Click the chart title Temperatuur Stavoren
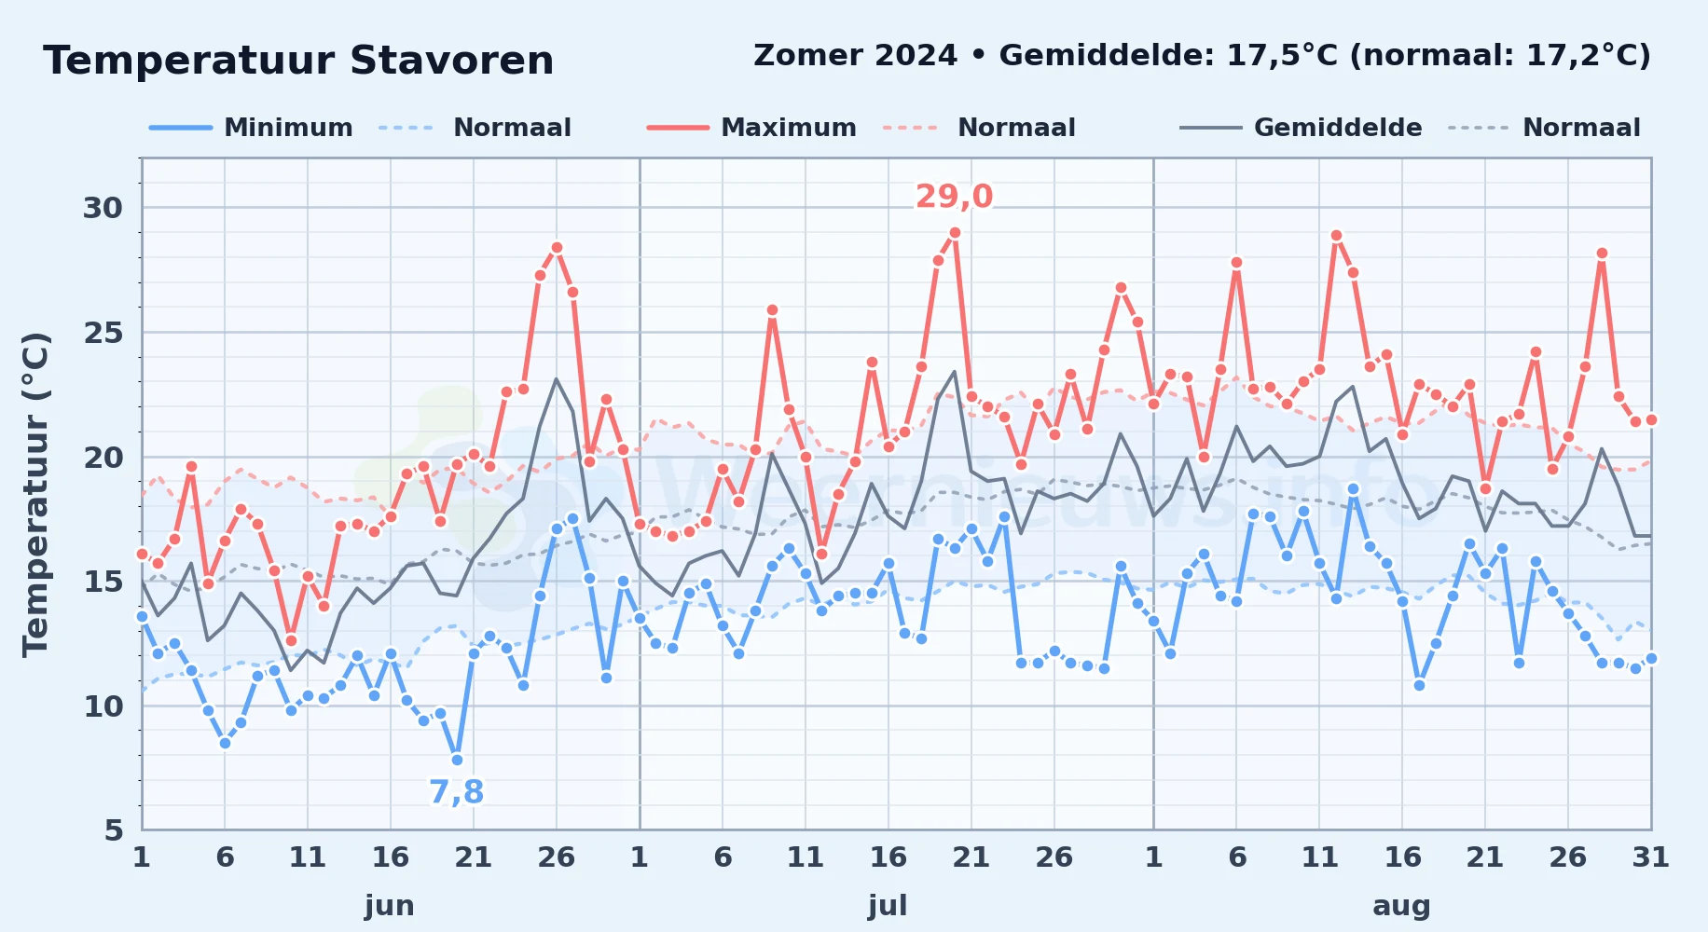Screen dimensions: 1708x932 (298, 61)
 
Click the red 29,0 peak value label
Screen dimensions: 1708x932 (954, 197)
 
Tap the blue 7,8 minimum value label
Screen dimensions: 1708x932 (457, 792)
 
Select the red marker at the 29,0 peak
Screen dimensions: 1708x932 (955, 233)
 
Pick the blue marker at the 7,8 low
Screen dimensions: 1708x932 (457, 761)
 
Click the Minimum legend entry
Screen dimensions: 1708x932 (251, 128)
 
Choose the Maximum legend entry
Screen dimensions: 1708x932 (751, 128)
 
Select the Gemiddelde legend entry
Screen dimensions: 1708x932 (1301, 128)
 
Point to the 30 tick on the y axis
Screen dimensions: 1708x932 (103, 208)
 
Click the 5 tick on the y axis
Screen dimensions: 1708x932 (114, 830)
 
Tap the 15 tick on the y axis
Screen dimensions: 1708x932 (103, 582)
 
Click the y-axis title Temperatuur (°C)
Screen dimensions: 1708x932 (36, 494)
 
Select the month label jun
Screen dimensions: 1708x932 (390, 906)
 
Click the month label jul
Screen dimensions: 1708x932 (888, 906)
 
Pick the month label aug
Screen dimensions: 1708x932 (1401, 906)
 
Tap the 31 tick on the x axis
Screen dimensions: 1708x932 (1650, 857)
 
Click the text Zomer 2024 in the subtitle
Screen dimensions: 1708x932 (855, 56)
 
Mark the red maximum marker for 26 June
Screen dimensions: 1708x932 (557, 248)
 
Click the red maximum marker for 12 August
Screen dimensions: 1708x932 (1336, 236)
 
